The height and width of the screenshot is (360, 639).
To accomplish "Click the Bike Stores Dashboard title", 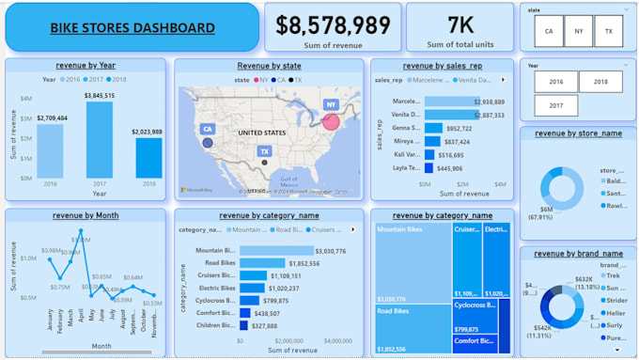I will pos(131,27).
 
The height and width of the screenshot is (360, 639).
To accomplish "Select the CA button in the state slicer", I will pos(547,31).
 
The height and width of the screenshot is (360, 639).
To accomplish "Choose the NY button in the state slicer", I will pos(577,31).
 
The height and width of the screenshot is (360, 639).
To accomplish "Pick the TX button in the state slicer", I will pos(608,31).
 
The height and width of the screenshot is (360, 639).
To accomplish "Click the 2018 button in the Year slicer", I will pos(600,82).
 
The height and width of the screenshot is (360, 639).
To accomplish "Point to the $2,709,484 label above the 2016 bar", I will pos(54,117).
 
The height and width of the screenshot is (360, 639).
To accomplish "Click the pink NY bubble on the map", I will pos(331,120).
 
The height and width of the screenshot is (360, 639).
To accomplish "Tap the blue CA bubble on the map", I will pos(207,143).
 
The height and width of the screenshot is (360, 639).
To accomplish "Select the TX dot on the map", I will pos(265,163).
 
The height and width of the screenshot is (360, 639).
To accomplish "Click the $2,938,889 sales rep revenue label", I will pos(487,102).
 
